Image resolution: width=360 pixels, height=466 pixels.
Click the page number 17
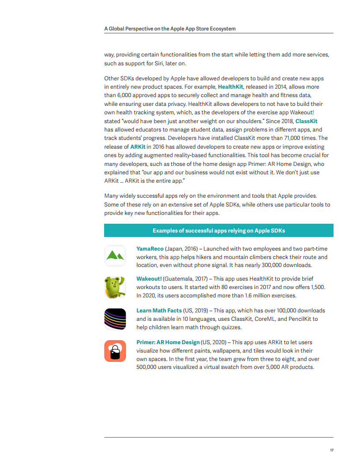pos(331,450)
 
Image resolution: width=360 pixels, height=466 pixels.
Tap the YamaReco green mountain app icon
pos(115,256)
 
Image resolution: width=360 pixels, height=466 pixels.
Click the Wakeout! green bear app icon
pos(115,287)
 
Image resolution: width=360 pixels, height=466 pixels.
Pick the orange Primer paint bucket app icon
pos(115,351)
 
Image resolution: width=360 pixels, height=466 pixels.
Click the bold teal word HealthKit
pos(230,87)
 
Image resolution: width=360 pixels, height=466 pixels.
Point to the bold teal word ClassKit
pos(306,121)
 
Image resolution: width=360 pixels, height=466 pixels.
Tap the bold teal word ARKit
pos(138,147)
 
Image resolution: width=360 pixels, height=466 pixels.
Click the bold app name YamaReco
pos(150,249)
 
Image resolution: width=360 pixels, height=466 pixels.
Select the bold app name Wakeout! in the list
pos(149,279)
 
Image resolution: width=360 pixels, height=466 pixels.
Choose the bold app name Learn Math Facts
pos(159,311)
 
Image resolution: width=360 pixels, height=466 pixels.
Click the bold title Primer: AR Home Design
pos(168,342)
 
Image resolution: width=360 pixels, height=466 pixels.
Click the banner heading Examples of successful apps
pos(219,231)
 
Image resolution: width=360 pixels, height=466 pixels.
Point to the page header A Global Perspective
pos(170,29)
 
